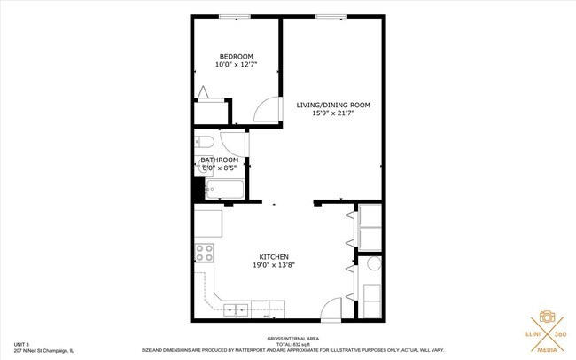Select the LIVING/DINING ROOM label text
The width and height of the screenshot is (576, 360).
[x=332, y=105]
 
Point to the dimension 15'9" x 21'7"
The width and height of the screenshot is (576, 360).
[x=332, y=113]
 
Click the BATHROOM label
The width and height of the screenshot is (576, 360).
[x=219, y=160]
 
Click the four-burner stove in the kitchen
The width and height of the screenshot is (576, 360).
[x=205, y=253]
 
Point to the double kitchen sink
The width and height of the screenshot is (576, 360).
[x=236, y=309]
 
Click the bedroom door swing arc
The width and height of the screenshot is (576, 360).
[x=265, y=109]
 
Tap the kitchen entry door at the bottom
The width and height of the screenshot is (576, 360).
[x=330, y=309]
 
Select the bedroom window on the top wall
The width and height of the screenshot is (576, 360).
[x=234, y=16]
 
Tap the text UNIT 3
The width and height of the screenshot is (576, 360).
[x=22, y=344]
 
